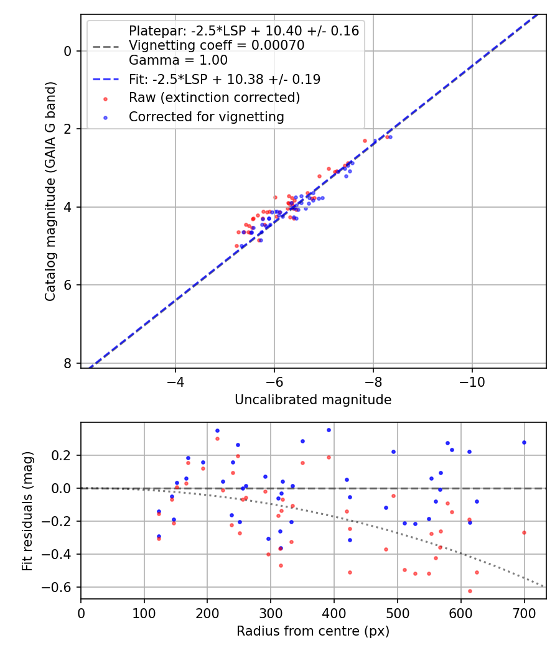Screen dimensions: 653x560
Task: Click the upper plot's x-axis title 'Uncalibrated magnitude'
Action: [313, 400]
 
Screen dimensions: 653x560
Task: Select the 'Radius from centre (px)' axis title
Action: [313, 631]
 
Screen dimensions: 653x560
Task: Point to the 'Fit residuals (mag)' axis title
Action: [27, 511]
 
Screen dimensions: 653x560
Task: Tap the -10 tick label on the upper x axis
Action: [472, 381]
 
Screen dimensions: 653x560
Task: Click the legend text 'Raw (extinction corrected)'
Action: [214, 98]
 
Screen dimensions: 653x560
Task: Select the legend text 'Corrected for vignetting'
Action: [206, 116]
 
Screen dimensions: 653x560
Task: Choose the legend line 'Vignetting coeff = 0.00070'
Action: [216, 45]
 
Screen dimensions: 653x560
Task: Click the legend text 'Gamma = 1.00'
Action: [178, 60]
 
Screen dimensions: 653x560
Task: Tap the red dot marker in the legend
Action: [105, 98]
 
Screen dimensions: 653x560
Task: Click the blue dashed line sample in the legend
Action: [105, 80]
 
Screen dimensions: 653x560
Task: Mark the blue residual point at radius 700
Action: [524, 442]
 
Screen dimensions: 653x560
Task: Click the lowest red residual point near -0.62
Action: [470, 591]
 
